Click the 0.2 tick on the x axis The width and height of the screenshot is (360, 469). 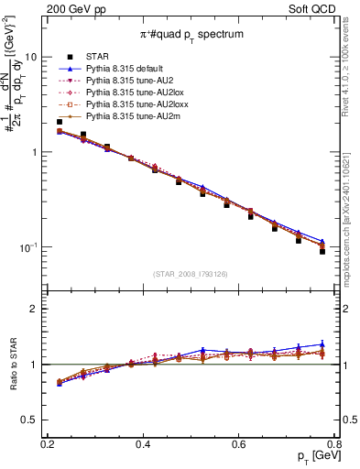coord(47,444)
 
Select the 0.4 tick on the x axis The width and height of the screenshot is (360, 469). coord(143,444)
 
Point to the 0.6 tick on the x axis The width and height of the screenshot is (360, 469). coord(239,444)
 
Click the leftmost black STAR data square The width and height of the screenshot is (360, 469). coord(60,122)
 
